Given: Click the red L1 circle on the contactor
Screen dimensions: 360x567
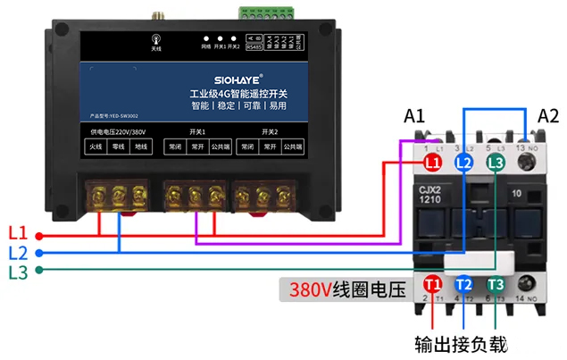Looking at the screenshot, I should [433, 163].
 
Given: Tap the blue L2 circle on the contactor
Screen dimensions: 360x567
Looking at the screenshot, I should [463, 163].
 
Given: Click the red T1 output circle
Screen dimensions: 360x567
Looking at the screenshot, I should [433, 284].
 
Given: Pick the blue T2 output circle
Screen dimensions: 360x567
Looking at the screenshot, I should [463, 284].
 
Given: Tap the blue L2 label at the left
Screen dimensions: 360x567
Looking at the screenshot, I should [17, 253].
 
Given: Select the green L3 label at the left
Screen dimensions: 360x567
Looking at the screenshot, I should [17, 272].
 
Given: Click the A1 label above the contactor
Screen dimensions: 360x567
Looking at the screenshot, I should [415, 117].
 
